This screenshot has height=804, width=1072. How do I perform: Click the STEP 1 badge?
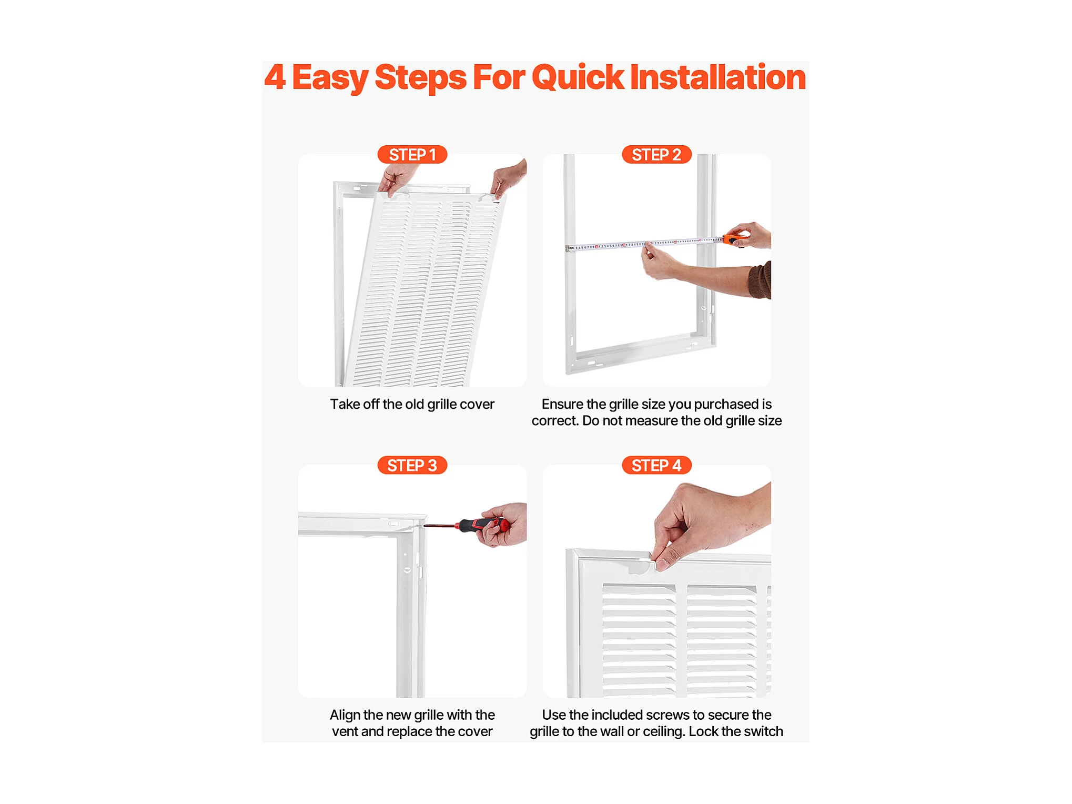[412, 155]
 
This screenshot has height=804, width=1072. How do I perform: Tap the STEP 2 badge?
[656, 155]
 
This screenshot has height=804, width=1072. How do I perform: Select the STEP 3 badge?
[412, 466]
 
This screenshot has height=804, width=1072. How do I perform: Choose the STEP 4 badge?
[656, 466]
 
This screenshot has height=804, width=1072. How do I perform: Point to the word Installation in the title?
[718, 77]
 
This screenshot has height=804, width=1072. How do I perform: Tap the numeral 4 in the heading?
[275, 77]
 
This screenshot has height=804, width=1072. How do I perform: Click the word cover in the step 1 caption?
[477, 405]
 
